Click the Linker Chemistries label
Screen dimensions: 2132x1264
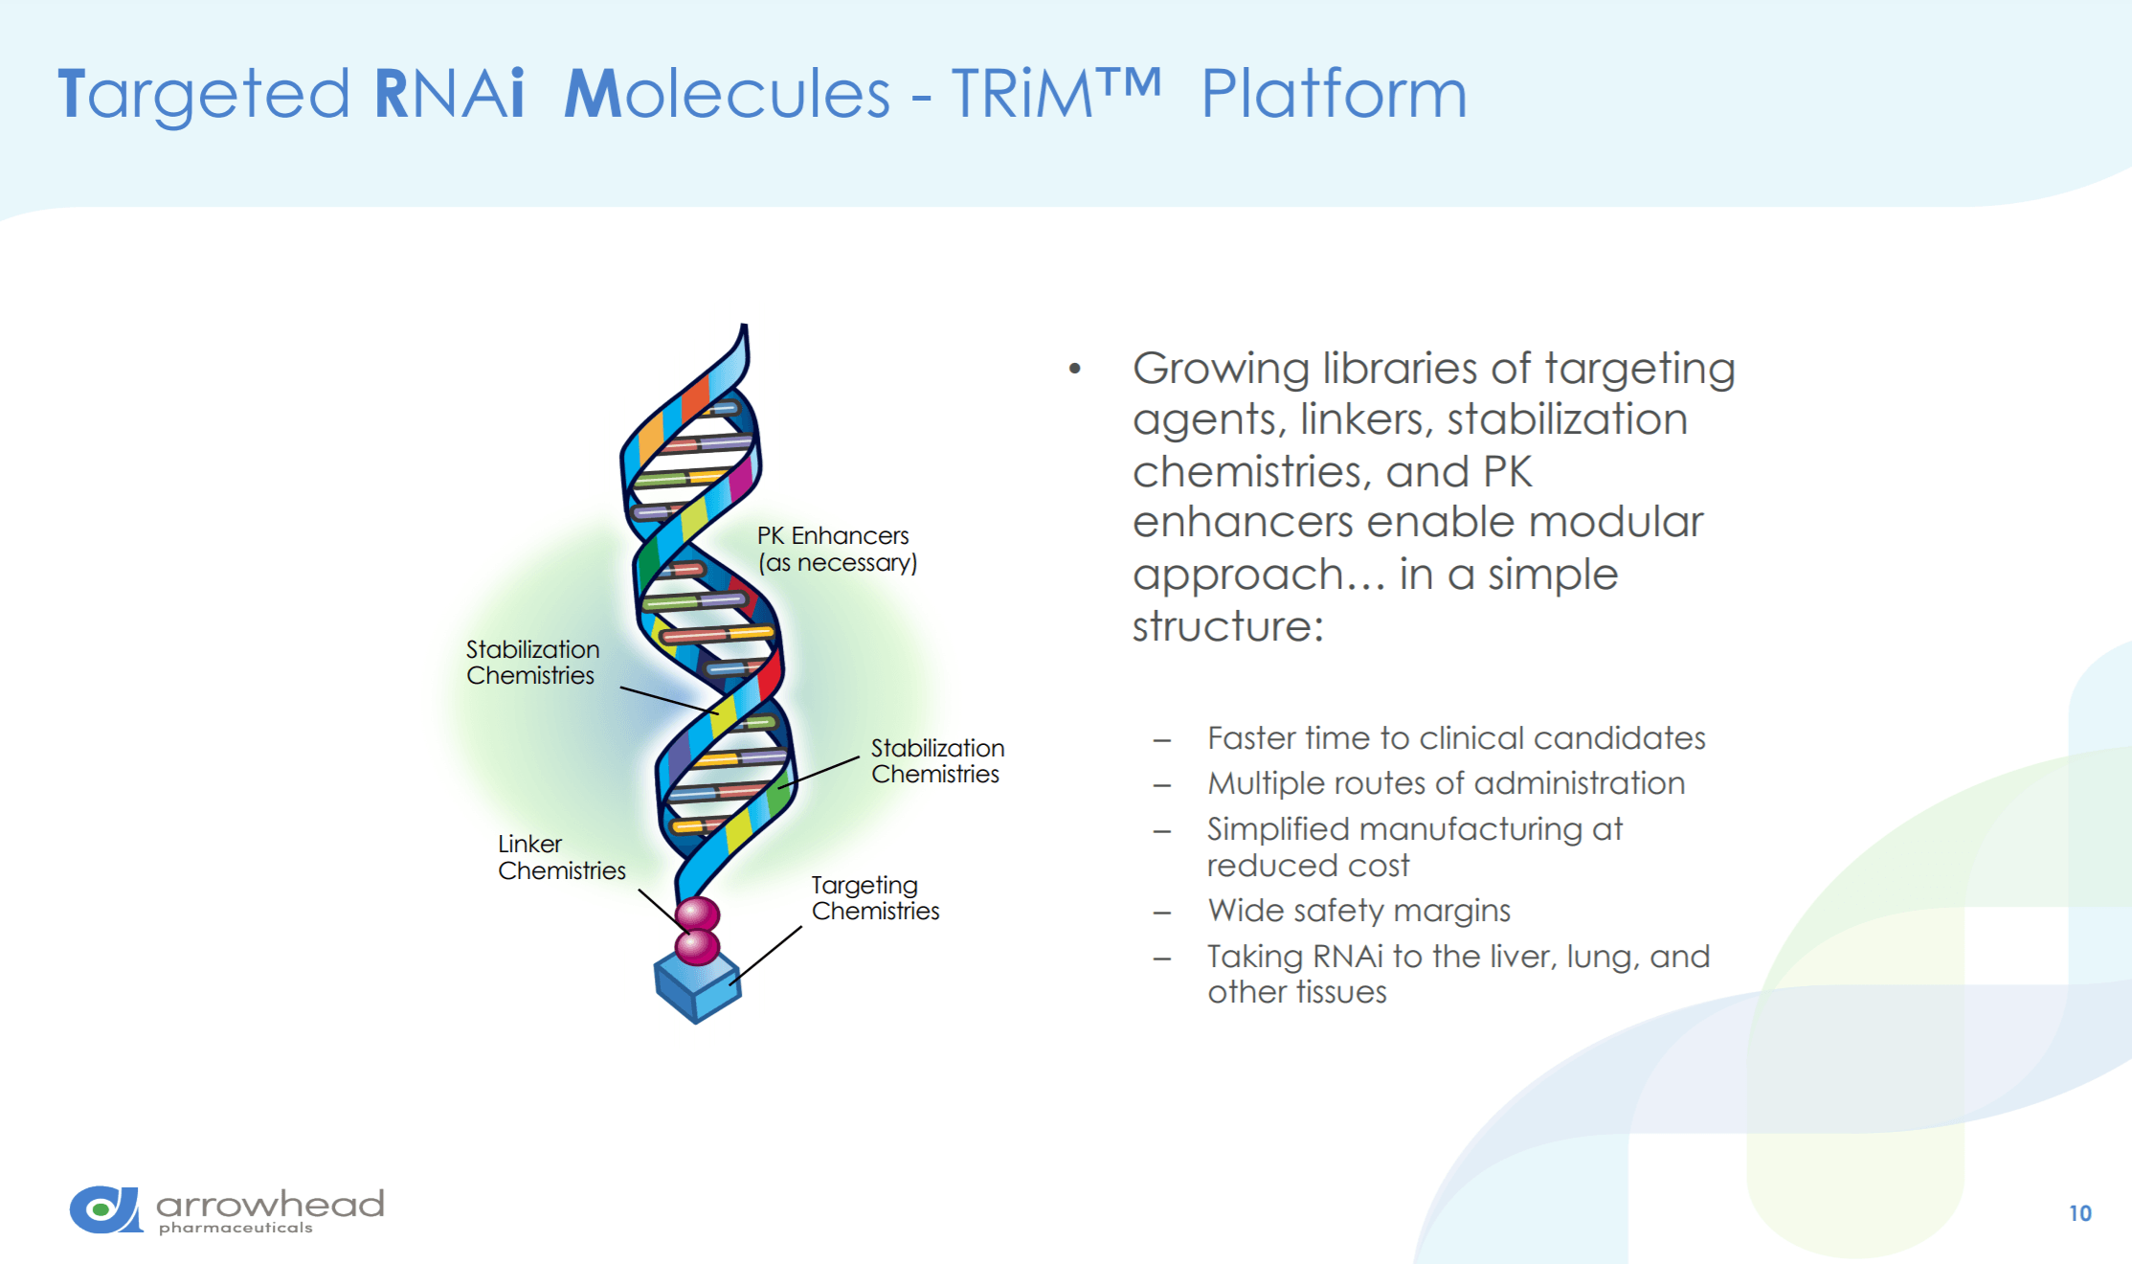[x=562, y=857]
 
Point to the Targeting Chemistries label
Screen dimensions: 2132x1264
[x=875, y=898]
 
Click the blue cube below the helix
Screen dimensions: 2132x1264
[x=697, y=986]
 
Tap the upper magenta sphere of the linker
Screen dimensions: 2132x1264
[x=698, y=914]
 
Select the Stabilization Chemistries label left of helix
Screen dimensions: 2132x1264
[x=533, y=662]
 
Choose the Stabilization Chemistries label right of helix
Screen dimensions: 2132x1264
[x=937, y=760]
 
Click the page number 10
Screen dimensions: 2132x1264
[x=2079, y=1213]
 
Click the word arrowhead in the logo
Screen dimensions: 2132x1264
[x=270, y=1204]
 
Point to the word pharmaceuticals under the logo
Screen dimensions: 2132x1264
[x=236, y=1228]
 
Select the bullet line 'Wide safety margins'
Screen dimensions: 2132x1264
[x=1358, y=911]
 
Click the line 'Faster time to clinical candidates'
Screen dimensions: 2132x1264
[x=1456, y=738]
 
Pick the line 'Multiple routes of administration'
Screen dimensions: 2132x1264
[x=1446, y=783]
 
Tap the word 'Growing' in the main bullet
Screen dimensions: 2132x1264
[x=1221, y=370]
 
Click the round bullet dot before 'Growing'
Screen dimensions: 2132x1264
[x=1075, y=368]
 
